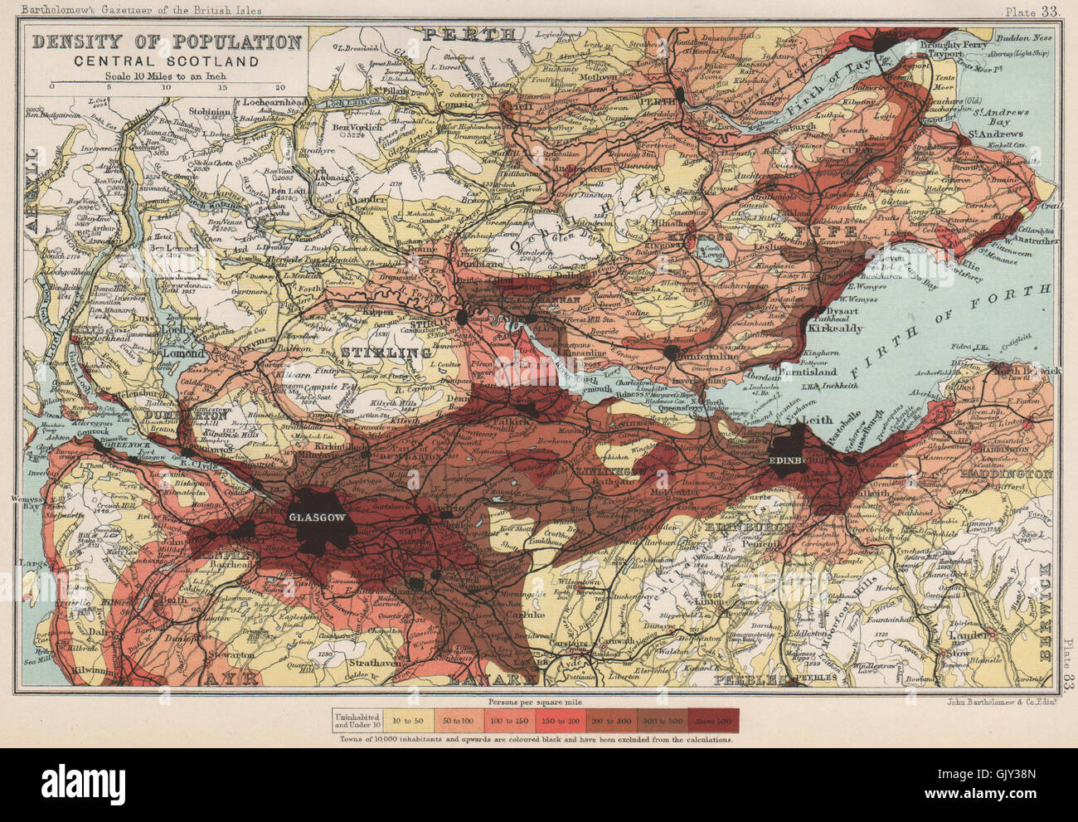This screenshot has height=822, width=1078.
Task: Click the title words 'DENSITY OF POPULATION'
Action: pos(166,42)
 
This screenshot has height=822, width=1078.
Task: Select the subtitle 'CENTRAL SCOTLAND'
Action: pos(166,61)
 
